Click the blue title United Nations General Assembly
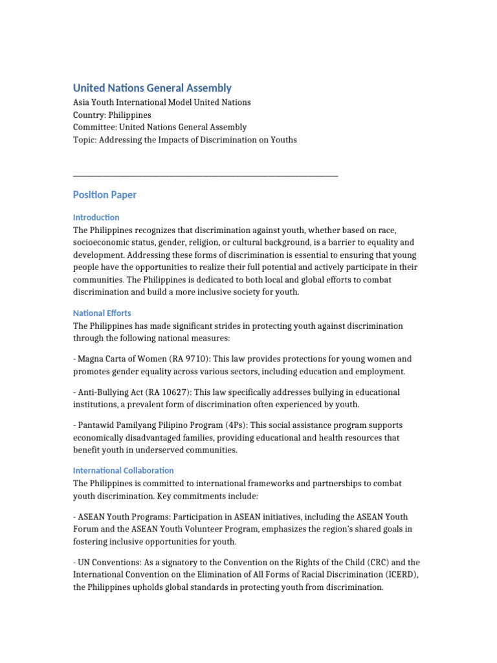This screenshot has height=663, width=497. (152, 88)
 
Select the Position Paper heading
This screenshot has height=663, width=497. (104, 195)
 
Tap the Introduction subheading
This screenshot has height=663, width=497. (96, 218)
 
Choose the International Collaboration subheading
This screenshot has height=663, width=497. (123, 471)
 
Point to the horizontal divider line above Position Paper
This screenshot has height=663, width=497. (206, 175)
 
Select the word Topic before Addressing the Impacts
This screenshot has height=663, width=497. (83, 140)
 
